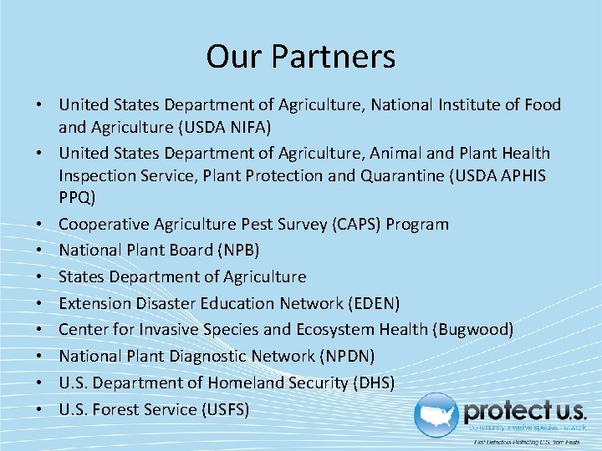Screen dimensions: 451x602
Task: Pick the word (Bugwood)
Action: click(x=473, y=329)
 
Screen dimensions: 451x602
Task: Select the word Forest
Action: click(x=110, y=409)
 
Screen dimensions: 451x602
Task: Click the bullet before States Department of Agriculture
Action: click(x=40, y=277)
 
